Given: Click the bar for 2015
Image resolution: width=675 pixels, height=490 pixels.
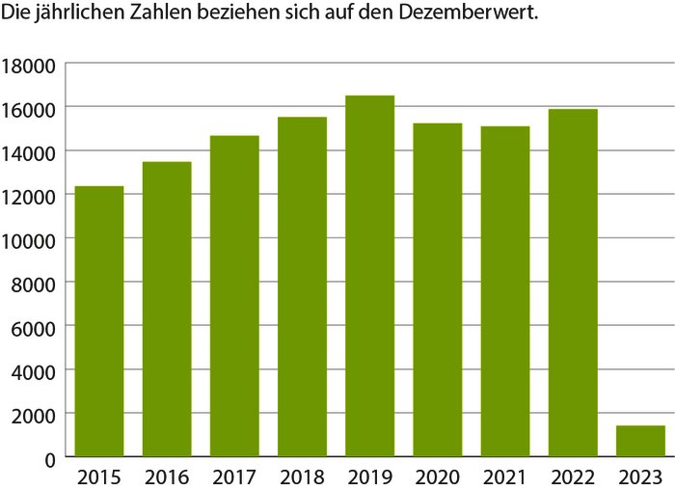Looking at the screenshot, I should [x=99, y=320].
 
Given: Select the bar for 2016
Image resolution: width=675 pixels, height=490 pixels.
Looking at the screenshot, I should [x=167, y=309].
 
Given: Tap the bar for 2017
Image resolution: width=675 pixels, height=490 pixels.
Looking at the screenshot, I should [x=234, y=295].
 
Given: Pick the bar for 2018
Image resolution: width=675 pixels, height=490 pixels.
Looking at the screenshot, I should [x=303, y=286].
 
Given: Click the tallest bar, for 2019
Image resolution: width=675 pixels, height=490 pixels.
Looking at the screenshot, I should [x=370, y=275].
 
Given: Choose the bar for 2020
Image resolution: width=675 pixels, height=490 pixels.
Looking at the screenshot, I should [x=438, y=289].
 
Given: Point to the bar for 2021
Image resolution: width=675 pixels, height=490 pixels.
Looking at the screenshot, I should [x=505, y=290].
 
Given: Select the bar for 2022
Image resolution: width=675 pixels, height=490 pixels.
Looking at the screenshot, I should [x=573, y=282].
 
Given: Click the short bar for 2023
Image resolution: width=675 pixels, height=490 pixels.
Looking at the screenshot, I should [x=640, y=441].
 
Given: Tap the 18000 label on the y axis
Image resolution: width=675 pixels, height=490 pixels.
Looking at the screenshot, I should [x=30, y=65].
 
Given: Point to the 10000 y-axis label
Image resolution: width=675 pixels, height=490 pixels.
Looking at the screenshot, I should [x=30, y=239].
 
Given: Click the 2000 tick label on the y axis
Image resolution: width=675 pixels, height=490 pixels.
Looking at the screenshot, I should [x=34, y=414].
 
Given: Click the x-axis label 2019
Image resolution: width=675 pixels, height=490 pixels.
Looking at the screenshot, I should [x=370, y=476].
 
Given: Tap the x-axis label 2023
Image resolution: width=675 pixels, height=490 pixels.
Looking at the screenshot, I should [x=640, y=476].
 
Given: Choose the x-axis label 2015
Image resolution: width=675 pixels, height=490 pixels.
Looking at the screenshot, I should [x=99, y=476].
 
